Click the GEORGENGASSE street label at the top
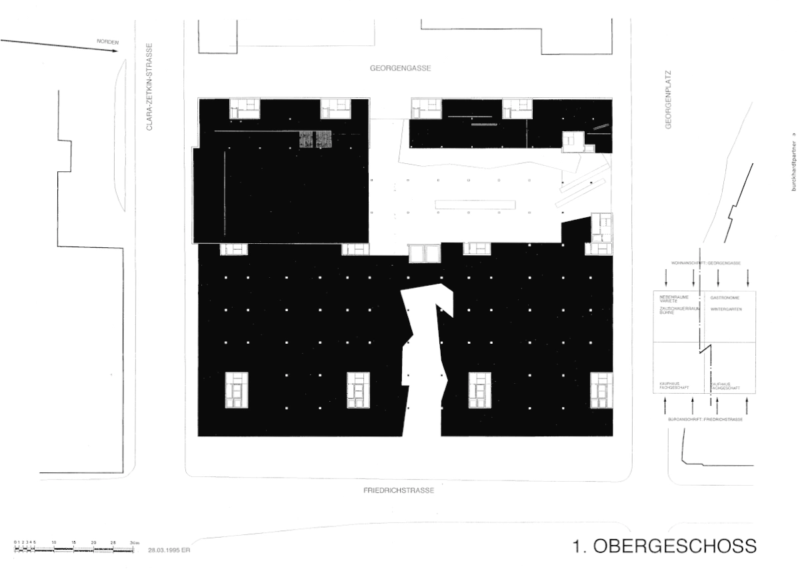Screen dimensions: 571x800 click(x=400, y=69)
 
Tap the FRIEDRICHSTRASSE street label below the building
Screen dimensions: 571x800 click(x=399, y=490)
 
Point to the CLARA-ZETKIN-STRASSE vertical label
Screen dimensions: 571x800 click(x=150, y=87)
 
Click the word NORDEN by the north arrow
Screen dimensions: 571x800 click(x=107, y=42)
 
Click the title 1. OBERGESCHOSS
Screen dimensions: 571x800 click(x=665, y=546)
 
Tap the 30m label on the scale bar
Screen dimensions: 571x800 click(x=134, y=543)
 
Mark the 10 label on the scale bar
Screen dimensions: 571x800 click(x=54, y=543)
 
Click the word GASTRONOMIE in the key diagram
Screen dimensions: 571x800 click(x=725, y=297)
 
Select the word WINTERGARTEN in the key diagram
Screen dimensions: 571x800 click(x=727, y=309)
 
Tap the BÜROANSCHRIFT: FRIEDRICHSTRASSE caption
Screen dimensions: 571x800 click(x=705, y=418)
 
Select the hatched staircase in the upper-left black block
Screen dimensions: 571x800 click(x=315, y=139)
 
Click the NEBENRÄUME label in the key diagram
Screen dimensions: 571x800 click(x=674, y=296)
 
